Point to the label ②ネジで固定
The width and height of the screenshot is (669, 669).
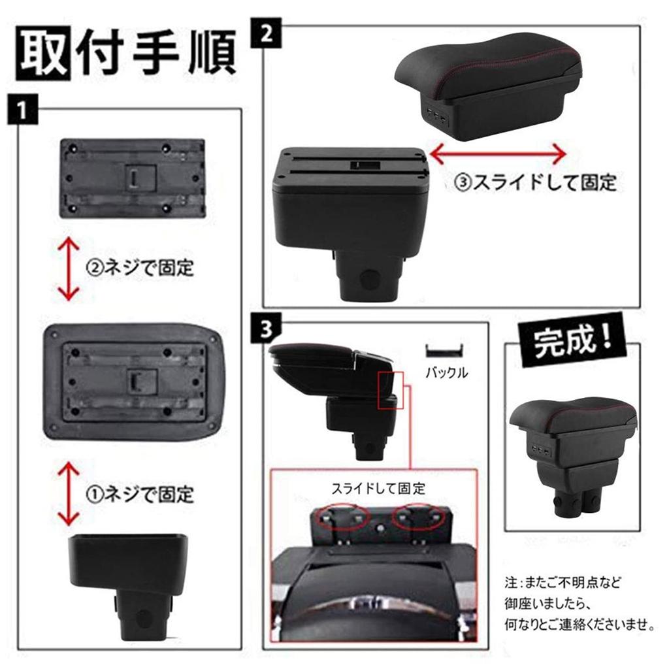tap(140, 267)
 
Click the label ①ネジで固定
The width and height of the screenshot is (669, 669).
tap(140, 493)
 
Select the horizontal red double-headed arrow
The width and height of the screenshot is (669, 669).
tap(498, 155)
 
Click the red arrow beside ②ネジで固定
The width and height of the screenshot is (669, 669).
tap(68, 269)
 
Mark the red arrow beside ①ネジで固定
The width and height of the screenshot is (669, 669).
tap(68, 493)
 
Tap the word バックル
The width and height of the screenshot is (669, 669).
tap(446, 374)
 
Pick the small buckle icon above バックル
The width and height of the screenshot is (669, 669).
tap(446, 351)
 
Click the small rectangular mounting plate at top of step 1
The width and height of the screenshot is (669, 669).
tap(133, 177)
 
